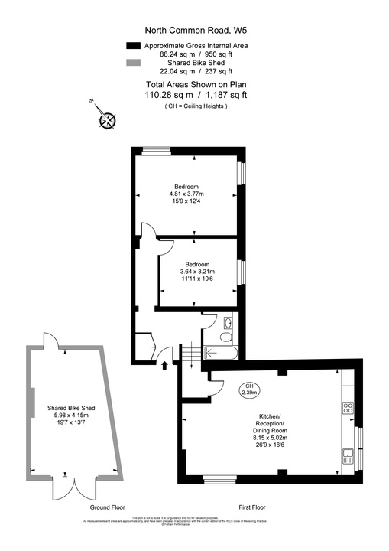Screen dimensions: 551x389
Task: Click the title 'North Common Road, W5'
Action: [x=196, y=31]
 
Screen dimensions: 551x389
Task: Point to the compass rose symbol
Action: [x=109, y=119]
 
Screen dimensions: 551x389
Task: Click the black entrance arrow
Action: [x=165, y=364]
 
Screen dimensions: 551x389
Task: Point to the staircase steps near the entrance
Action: [x=188, y=353]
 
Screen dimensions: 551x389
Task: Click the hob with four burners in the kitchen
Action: [x=348, y=409]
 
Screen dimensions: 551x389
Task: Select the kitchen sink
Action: [x=348, y=457]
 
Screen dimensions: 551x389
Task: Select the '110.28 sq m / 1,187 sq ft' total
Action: [x=196, y=95]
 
